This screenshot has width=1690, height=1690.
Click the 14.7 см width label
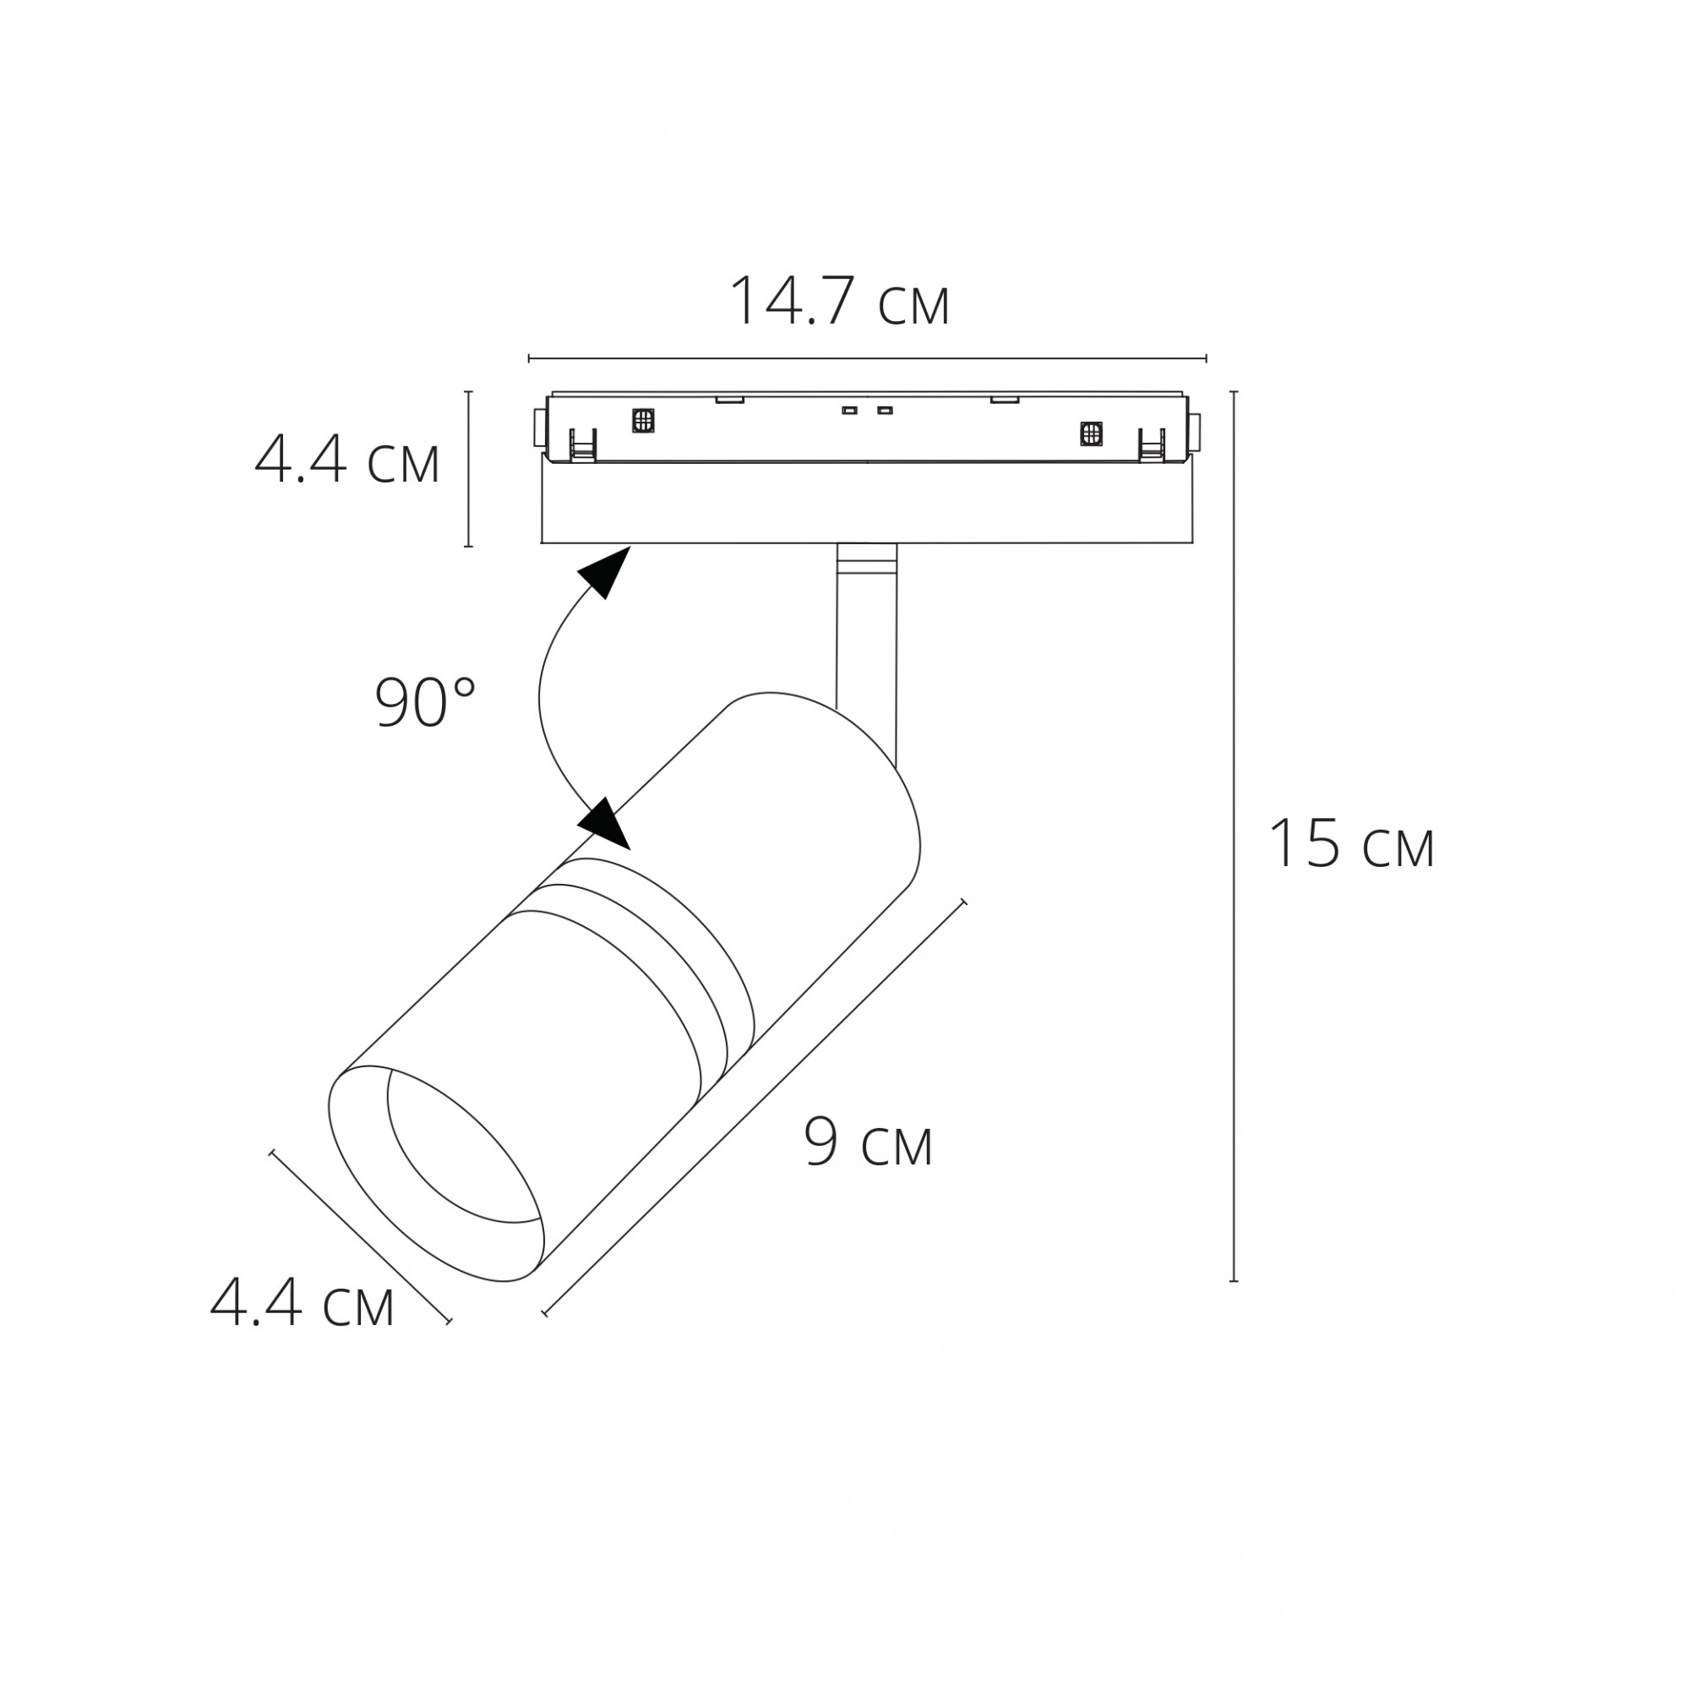pos(839,302)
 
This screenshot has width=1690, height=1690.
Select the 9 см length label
pos(868,1142)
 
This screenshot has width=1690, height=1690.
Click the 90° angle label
pos(425,702)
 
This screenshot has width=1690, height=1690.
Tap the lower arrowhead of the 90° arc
pos(604,823)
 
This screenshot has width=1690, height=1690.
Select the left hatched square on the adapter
pos(644,420)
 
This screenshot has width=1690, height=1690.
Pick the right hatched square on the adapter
pos(1091,432)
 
